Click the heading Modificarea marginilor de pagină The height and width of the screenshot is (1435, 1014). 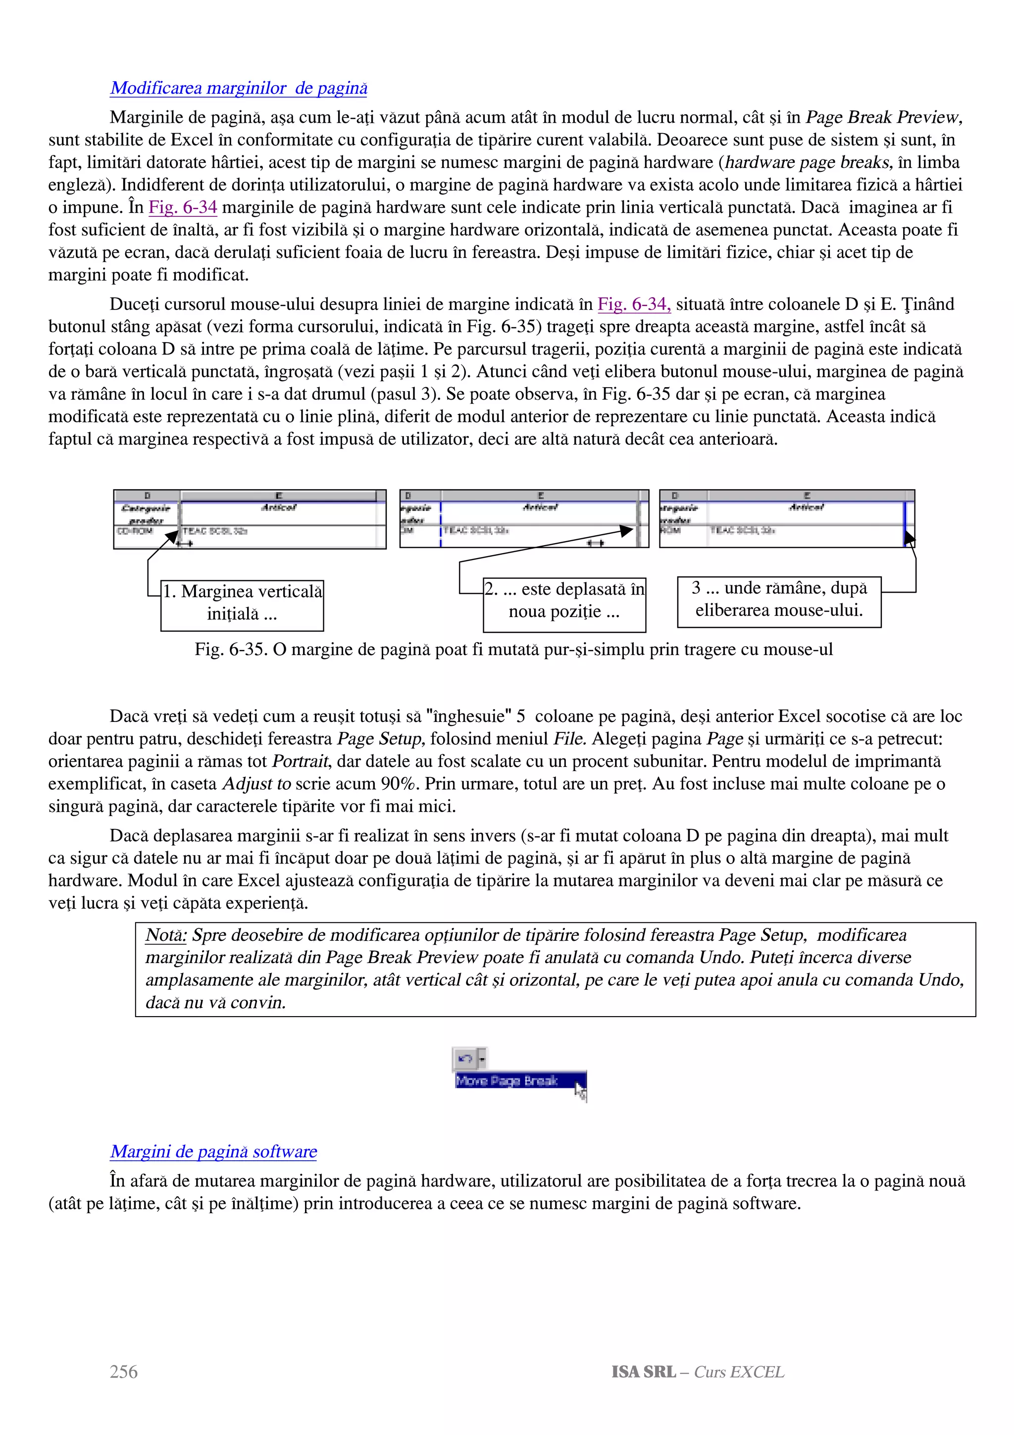239,88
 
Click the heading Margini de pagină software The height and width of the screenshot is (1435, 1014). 214,1151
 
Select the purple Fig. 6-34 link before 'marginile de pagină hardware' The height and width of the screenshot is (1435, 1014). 182,207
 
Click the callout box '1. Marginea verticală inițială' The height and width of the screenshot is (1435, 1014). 243,603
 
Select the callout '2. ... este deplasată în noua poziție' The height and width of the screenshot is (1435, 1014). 564,601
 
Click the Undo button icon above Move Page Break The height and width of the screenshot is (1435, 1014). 465,1059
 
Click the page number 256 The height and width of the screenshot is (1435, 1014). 124,1372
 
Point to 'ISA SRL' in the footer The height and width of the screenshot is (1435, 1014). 644,1372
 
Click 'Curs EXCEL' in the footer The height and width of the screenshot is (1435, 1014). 739,1372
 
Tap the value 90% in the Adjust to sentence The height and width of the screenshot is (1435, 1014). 401,784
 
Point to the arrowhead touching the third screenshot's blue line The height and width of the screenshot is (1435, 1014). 909,537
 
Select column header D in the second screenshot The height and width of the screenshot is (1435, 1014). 408,496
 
